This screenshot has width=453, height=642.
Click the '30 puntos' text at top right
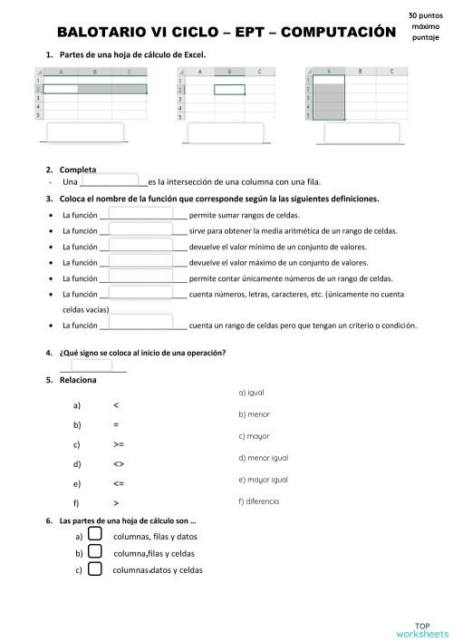pyautogui.click(x=425, y=16)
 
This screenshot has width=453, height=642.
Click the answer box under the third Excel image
pyautogui.click(x=362, y=133)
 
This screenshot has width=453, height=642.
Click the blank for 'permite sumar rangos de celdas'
pyautogui.click(x=140, y=215)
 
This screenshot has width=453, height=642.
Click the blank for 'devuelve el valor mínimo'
pyautogui.click(x=140, y=247)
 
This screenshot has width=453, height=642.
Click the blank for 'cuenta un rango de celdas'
pyautogui.click(x=140, y=323)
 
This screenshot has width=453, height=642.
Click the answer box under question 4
pyautogui.click(x=91, y=366)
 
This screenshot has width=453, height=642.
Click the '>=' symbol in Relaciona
pyautogui.click(x=119, y=444)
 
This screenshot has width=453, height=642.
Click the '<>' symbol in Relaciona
pyautogui.click(x=119, y=464)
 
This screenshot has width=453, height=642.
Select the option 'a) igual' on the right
pyautogui.click(x=251, y=393)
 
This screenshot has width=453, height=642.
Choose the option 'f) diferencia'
pyautogui.click(x=258, y=501)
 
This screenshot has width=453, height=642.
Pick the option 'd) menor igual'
pyautogui.click(x=263, y=458)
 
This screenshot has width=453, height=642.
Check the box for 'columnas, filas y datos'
pyautogui.click(x=94, y=535)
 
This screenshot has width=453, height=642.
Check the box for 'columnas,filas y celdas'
pyautogui.click(x=94, y=552)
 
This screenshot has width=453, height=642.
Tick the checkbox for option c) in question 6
pyautogui.click(x=94, y=569)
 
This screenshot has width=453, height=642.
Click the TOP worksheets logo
pyautogui.click(x=421, y=628)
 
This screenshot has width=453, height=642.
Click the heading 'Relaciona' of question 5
pyautogui.click(x=78, y=380)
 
